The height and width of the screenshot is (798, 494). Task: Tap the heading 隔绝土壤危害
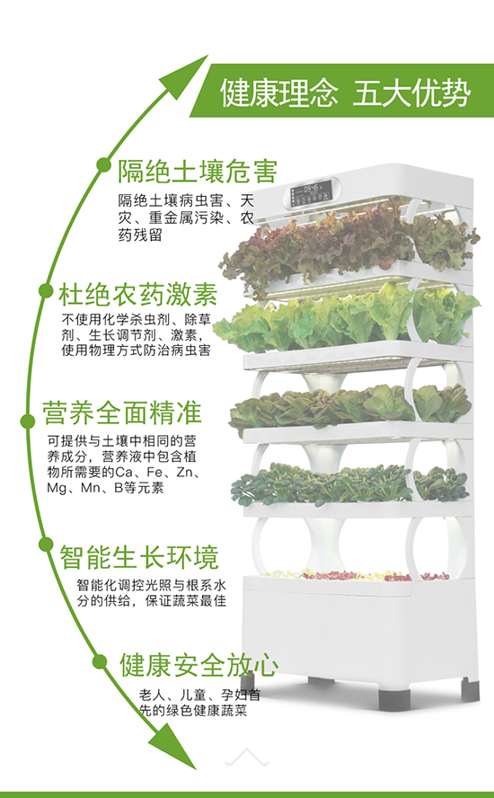(198, 171)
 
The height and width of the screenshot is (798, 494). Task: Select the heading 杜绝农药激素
(138, 294)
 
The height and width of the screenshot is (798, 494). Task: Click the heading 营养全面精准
(121, 412)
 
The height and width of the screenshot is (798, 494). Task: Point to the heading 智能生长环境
(139, 557)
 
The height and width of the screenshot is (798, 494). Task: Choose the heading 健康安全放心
(198, 665)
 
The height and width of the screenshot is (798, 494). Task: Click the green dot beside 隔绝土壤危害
(104, 164)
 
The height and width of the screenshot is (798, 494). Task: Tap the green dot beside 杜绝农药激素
(46, 290)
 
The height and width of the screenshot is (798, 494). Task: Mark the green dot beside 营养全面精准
(28, 421)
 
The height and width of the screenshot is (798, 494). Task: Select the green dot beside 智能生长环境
(46, 544)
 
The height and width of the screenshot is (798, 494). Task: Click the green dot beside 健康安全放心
(100, 661)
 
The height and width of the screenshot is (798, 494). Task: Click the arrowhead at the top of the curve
(185, 75)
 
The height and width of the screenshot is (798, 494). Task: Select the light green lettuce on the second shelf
(346, 318)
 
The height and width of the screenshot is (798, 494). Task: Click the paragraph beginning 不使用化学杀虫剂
(136, 335)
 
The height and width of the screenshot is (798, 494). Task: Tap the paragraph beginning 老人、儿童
(200, 703)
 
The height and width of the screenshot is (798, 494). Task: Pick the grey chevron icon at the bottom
(247, 757)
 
